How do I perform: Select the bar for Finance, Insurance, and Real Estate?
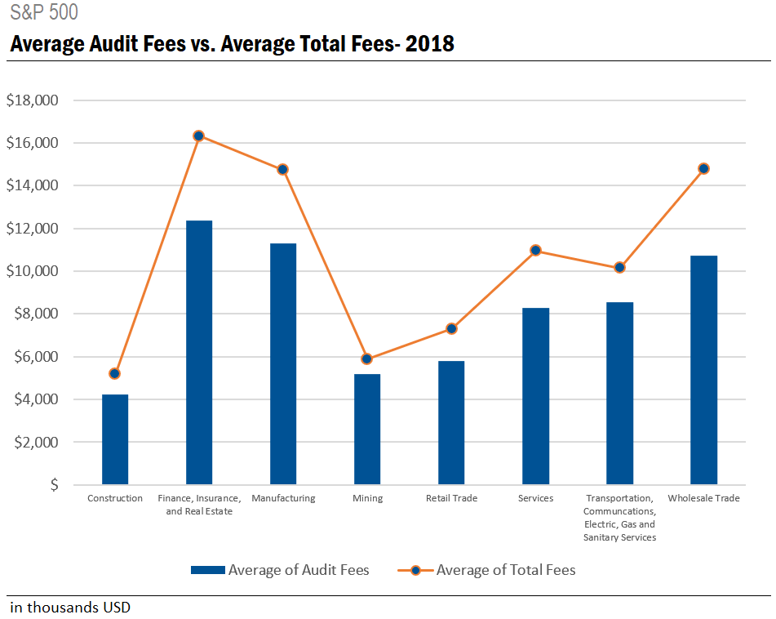point(199,353)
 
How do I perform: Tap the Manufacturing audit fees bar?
point(283,364)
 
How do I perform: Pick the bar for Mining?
point(367,430)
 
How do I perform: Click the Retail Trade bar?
point(451,423)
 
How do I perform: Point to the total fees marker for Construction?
point(115,373)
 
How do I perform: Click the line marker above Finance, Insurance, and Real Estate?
point(199,136)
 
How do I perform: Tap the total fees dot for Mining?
point(367,358)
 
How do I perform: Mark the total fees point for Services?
point(535,250)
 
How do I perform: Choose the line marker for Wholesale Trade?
point(703,168)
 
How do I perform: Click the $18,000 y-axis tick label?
point(32,100)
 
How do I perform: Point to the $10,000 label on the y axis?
point(32,271)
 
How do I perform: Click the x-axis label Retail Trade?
point(451,498)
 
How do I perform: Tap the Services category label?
point(535,498)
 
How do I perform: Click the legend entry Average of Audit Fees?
point(280,570)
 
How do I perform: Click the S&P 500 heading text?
point(45,13)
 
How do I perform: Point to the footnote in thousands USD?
point(70,608)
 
